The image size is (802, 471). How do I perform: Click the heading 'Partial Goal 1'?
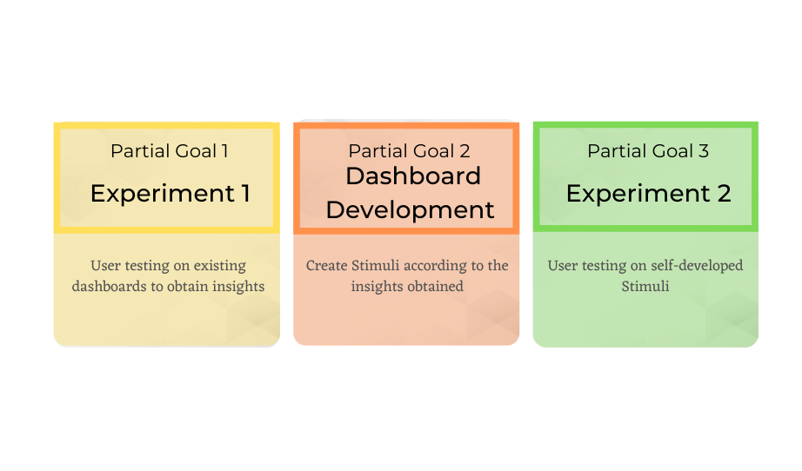coord(170,151)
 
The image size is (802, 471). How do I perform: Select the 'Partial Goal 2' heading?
coord(409,151)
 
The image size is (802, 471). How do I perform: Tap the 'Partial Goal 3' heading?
coord(648,151)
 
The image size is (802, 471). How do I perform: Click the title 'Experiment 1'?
coord(170,194)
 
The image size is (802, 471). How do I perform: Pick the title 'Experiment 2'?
coord(649,194)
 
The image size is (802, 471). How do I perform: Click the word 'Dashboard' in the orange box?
coord(413,176)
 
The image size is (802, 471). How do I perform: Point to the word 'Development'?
coord(411,210)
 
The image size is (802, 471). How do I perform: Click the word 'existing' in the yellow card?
coord(220,266)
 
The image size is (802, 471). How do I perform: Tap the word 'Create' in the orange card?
coord(327,266)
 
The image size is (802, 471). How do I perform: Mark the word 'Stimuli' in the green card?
coord(645,286)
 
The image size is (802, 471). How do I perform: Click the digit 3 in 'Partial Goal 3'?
coord(704,151)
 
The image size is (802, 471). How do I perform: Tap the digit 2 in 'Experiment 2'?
coord(724,194)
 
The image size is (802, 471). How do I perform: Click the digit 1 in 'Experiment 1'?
coord(246,194)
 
